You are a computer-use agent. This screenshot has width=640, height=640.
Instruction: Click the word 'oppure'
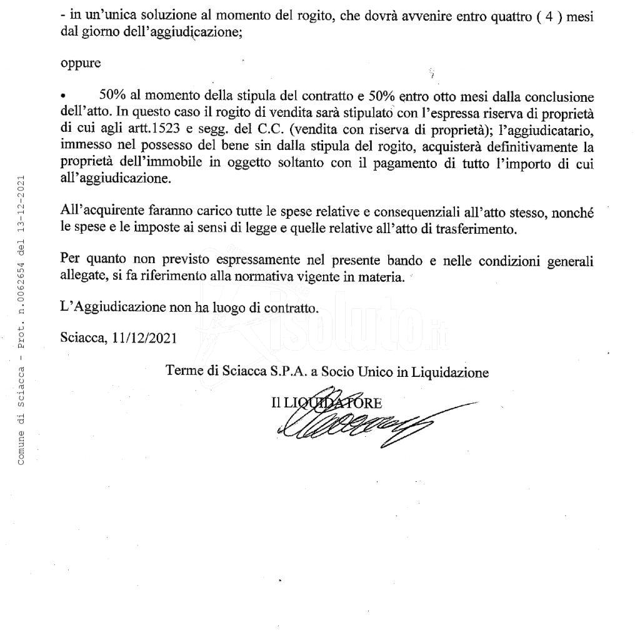[x=81, y=64]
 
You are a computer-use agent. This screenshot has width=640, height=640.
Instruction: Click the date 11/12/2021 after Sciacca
[x=146, y=337]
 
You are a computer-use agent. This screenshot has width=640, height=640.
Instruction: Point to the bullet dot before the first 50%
[x=63, y=98]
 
